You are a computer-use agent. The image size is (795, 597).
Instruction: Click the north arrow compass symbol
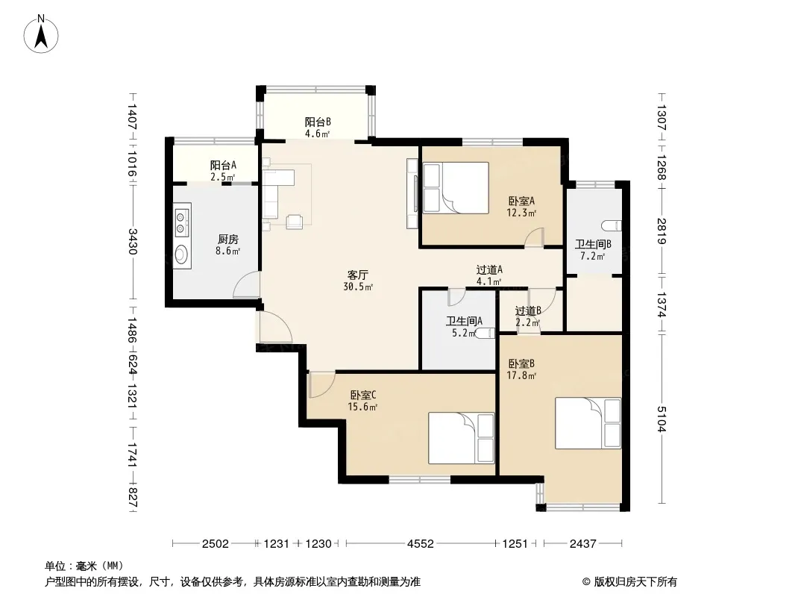point(41,34)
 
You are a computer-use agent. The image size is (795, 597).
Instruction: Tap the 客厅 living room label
point(357,275)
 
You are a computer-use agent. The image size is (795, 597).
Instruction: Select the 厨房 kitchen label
point(227,239)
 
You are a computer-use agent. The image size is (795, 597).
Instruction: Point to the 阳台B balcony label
point(318,122)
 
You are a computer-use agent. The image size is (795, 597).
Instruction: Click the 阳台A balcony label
point(223,165)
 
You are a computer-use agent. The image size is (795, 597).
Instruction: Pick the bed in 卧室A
point(456,187)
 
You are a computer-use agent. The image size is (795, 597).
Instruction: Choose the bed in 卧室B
point(588,423)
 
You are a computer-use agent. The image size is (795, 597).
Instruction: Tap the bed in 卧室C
point(462,438)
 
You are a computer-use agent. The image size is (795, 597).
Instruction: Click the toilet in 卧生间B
point(611,225)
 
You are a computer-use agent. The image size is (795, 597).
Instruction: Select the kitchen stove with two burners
point(181,222)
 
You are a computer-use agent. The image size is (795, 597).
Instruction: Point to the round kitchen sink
point(181,254)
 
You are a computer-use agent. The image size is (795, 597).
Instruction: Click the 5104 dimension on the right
point(661,419)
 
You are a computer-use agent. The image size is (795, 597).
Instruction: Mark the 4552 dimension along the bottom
point(421,544)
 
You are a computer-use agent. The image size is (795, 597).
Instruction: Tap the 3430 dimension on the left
point(132,242)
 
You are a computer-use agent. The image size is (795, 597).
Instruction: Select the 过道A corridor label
point(489,270)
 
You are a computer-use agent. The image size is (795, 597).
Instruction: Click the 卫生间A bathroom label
point(464,321)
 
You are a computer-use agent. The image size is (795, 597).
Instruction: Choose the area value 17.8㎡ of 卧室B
point(522,375)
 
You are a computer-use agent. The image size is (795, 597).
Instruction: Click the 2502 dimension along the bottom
point(216,544)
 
